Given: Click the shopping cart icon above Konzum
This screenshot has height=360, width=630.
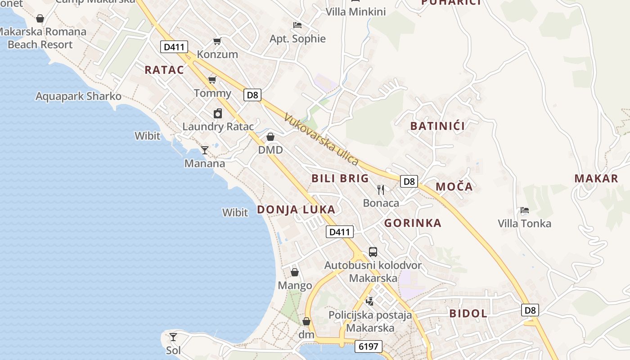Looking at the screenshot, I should pyautogui.click(x=217, y=41).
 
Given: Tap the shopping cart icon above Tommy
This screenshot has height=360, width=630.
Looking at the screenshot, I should pyautogui.click(x=212, y=80).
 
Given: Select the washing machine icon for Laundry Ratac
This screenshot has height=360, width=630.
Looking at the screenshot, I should pyautogui.click(x=218, y=113).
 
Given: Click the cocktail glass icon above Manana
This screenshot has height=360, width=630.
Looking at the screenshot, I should pyautogui.click(x=205, y=150).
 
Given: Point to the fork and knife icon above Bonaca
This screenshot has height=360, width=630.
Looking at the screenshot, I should pyautogui.click(x=381, y=189).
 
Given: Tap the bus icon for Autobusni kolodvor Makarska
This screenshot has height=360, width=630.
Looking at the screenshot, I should pyautogui.click(x=373, y=252).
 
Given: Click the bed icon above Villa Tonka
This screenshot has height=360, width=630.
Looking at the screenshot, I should pyautogui.click(x=524, y=210).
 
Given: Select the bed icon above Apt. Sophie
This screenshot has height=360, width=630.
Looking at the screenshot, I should pyautogui.click(x=297, y=25).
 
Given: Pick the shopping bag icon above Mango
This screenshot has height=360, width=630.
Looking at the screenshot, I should pyautogui.click(x=295, y=272).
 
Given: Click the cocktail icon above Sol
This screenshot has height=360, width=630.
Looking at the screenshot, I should pyautogui.click(x=173, y=337).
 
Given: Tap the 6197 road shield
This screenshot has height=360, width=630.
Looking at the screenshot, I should pyautogui.click(x=369, y=346).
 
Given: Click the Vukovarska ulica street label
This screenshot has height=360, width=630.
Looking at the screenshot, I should pyautogui.click(x=321, y=139).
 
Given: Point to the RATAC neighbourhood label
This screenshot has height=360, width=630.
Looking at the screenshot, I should pyautogui.click(x=164, y=70).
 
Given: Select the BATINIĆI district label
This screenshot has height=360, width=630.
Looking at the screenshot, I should pyautogui.click(x=437, y=126).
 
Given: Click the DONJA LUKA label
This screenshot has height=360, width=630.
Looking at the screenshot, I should pyautogui.click(x=296, y=209).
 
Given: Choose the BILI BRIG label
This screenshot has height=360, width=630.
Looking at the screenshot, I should pyautogui.click(x=340, y=178).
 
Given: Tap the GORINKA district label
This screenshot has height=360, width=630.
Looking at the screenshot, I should pyautogui.click(x=413, y=223).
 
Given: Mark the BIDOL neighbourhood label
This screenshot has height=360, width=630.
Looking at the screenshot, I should pyautogui.click(x=468, y=314).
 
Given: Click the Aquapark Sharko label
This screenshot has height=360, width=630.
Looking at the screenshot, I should pyautogui.click(x=79, y=96).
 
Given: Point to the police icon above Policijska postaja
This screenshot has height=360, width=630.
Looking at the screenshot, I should pyautogui.click(x=369, y=301).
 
